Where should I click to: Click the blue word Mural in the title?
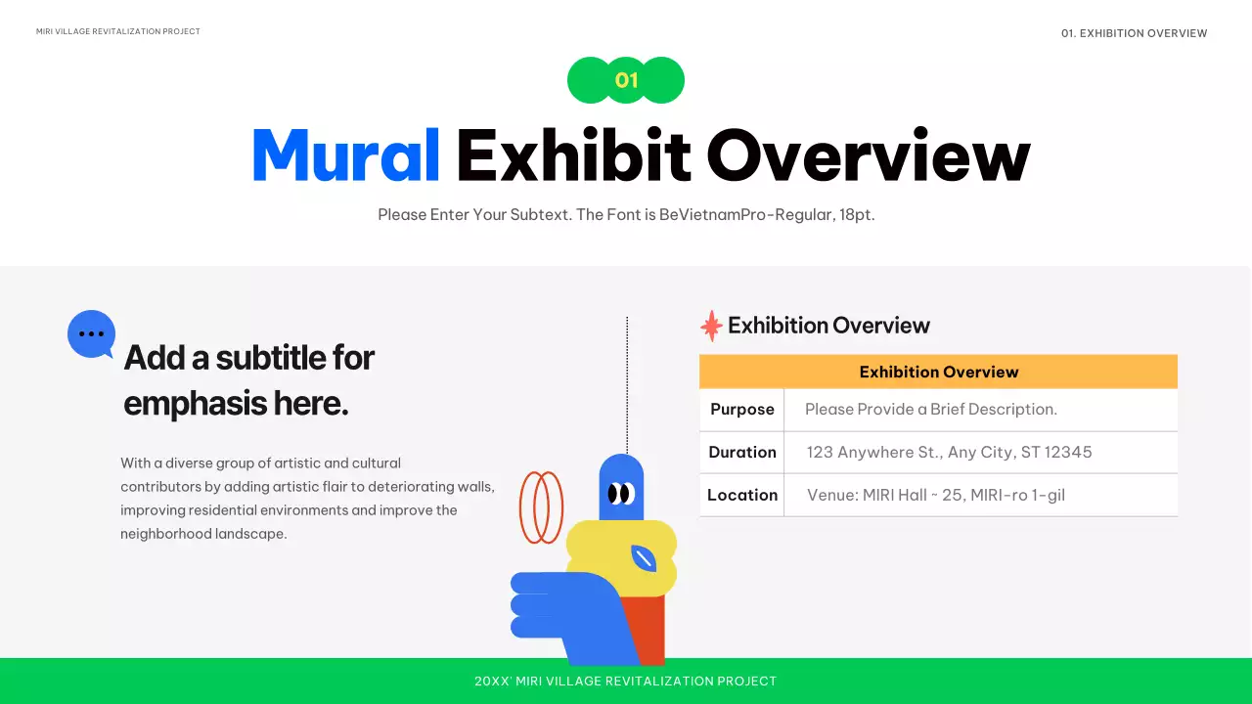345,155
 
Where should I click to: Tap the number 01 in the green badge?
626,80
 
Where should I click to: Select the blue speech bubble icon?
91,333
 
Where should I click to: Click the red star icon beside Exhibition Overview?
711,326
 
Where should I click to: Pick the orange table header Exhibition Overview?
938,372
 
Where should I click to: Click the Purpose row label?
741,410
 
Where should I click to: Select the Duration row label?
741,453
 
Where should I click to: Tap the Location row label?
741,495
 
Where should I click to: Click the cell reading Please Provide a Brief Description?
930,410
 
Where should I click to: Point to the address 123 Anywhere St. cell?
949,453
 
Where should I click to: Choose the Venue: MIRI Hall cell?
935,495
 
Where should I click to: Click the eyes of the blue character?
620,493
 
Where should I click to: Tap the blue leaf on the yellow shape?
643,558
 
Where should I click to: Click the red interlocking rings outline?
541,507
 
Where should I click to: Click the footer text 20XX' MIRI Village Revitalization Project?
625,682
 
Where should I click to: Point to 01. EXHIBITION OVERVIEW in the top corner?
1134,33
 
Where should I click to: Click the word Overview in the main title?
868,155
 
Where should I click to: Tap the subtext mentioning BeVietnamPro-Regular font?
626,215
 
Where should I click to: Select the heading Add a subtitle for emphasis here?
248,380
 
